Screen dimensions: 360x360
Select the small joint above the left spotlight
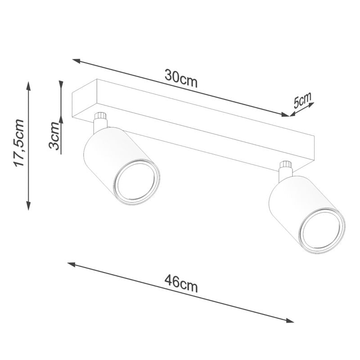(x=100, y=119)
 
